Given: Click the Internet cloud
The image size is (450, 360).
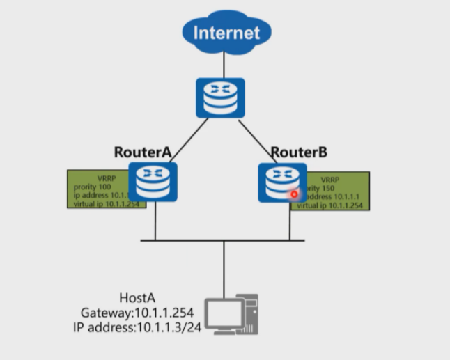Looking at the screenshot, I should [x=225, y=32].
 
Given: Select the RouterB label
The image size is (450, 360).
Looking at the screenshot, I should [x=299, y=152].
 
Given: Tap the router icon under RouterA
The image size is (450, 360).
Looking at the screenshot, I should [x=153, y=182].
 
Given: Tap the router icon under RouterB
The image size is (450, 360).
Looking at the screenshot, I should [x=281, y=182].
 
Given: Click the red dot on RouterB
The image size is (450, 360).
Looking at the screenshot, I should [x=294, y=194].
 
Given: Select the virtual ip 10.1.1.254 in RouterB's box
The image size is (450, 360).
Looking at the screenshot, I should [x=349, y=206].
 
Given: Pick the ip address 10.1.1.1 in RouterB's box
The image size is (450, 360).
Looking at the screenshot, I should [x=341, y=197].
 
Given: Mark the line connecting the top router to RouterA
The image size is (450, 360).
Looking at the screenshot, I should [x=189, y=134].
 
